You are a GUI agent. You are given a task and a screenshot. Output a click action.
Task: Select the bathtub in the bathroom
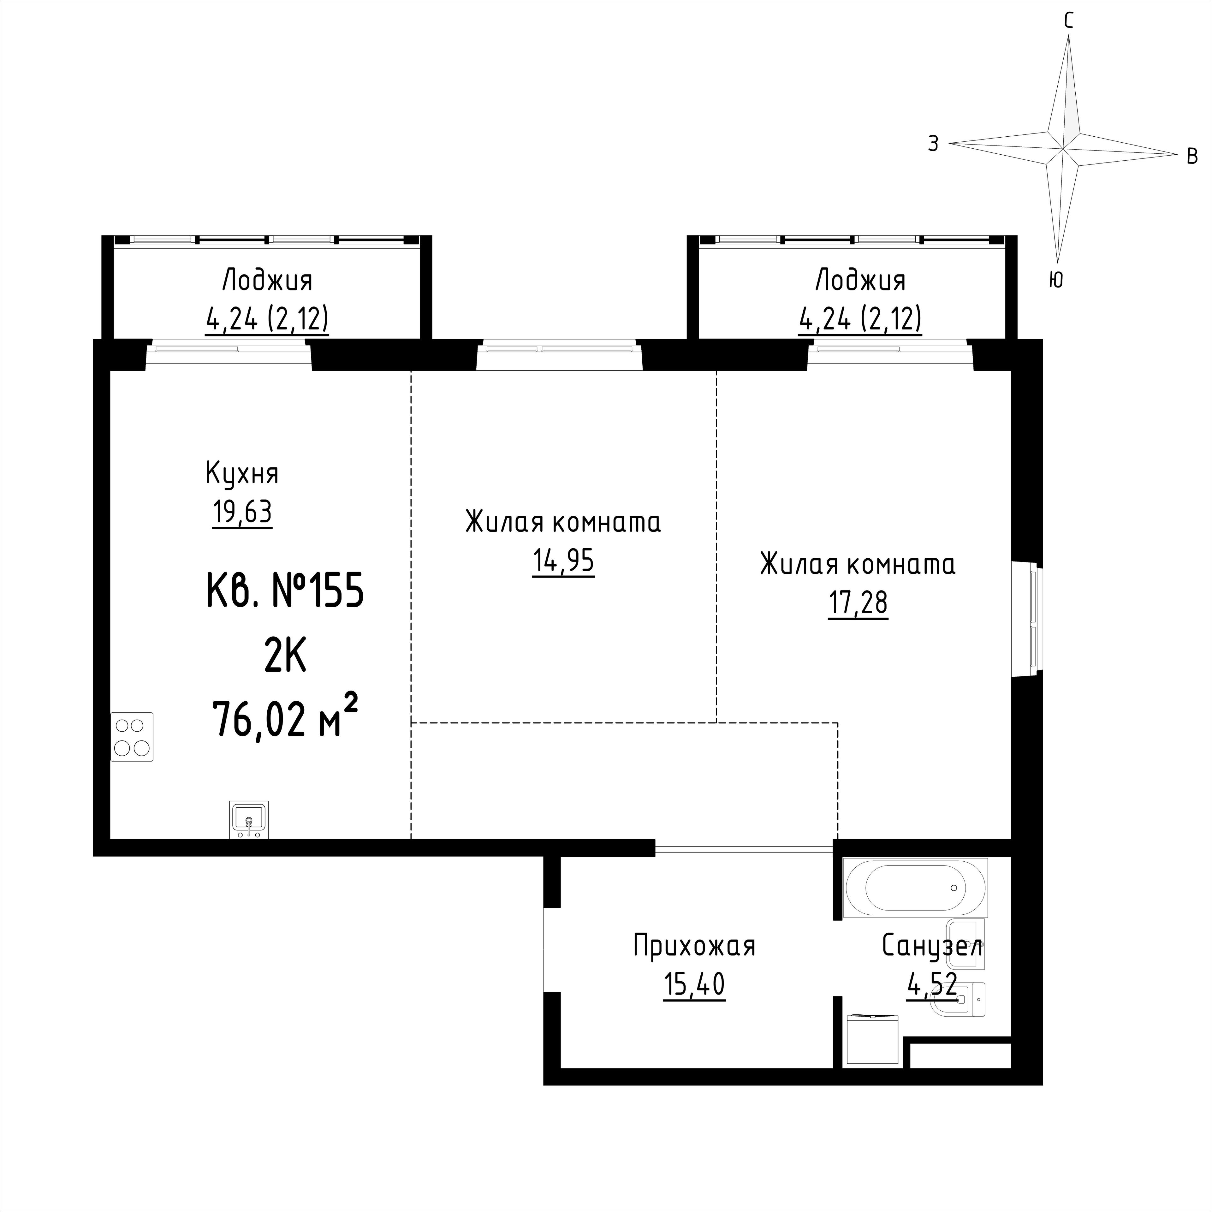(x=916, y=888)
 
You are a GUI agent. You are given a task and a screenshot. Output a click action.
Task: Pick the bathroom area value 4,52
(x=932, y=985)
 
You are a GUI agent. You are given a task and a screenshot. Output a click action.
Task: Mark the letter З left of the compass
(x=934, y=144)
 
